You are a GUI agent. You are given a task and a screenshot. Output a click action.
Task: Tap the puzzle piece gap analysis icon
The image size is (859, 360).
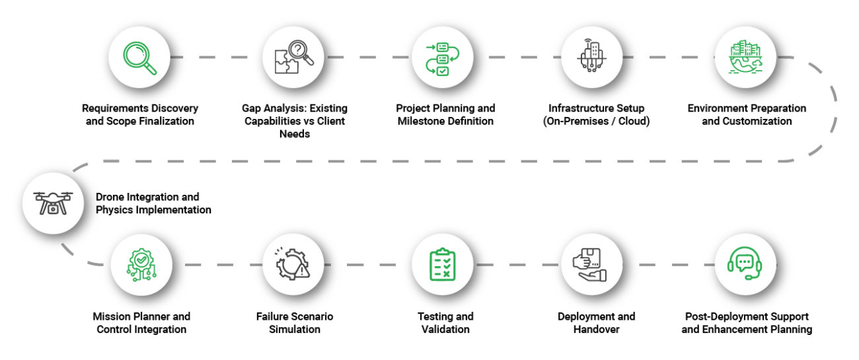[293, 57]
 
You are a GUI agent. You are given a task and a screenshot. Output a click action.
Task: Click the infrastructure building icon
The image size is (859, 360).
[591, 57]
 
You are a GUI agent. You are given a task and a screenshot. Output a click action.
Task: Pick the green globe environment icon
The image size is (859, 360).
[744, 57]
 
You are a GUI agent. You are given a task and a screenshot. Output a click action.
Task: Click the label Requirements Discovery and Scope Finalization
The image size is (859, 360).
[139, 114]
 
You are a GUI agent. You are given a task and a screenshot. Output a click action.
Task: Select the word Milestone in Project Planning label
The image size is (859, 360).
[424, 122]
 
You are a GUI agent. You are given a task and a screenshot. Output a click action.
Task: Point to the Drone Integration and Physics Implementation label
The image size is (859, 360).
[153, 203]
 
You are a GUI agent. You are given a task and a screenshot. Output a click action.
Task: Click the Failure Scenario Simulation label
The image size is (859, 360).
[294, 323]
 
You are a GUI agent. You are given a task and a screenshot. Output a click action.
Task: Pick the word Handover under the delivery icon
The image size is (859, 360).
[597, 329]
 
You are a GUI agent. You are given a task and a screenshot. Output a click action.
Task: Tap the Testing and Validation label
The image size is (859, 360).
[445, 323]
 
